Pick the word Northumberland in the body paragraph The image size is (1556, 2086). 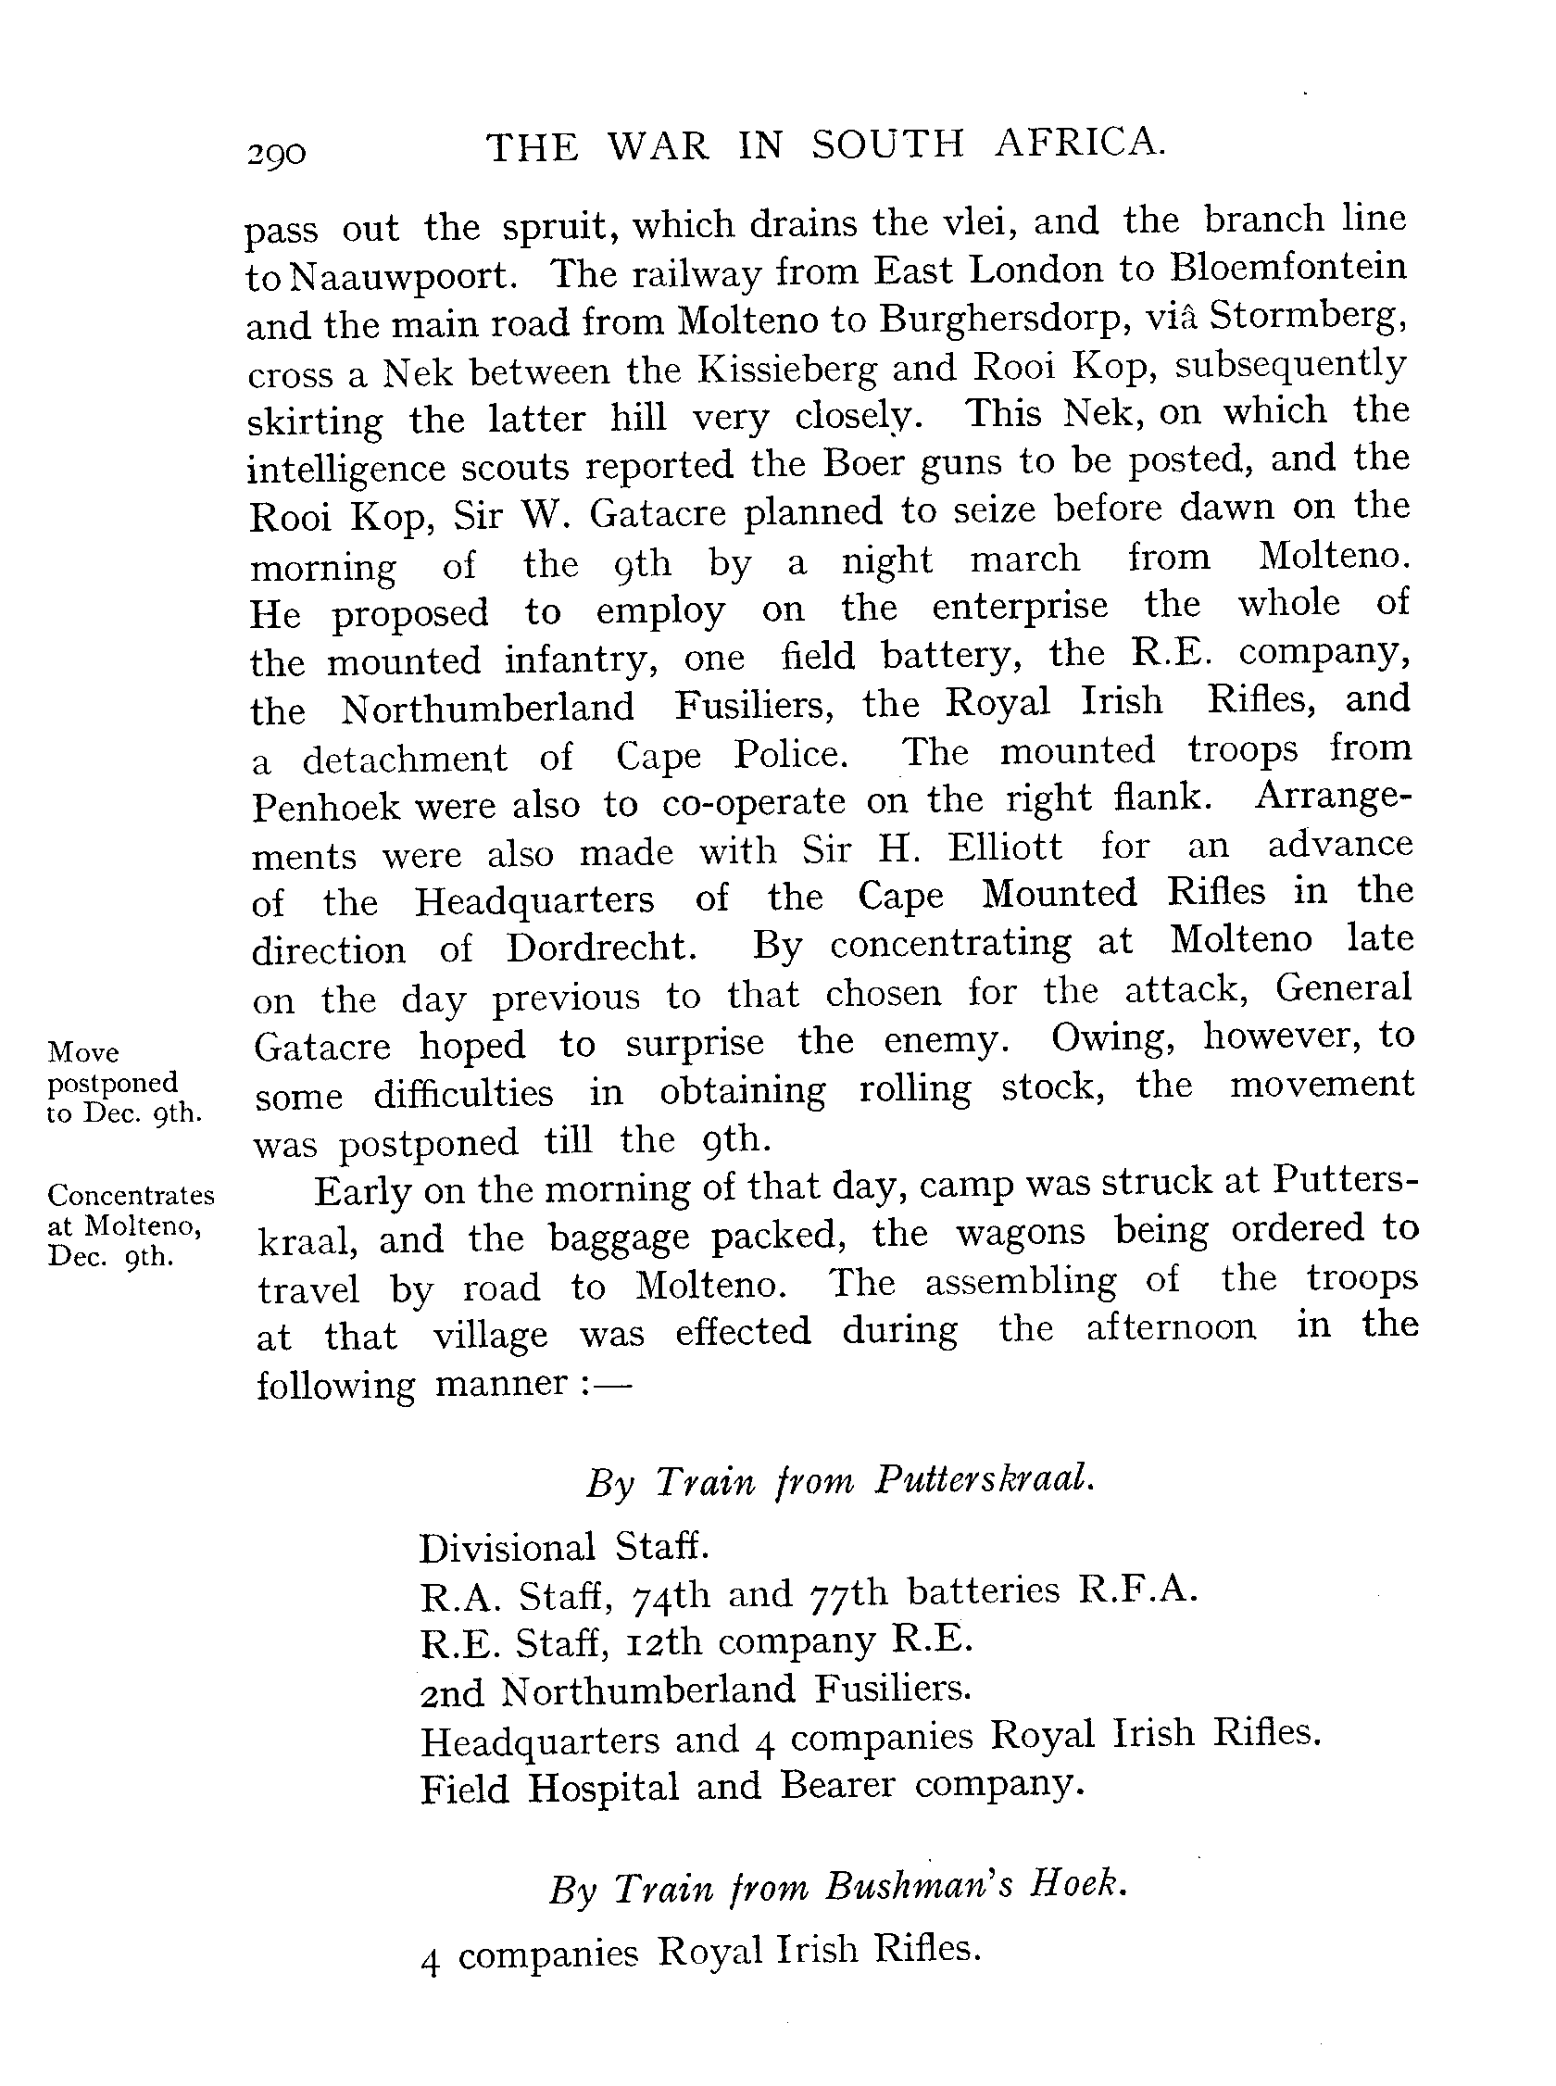[487, 709]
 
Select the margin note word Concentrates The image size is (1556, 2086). [131, 1195]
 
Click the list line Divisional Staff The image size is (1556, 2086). [563, 1547]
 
